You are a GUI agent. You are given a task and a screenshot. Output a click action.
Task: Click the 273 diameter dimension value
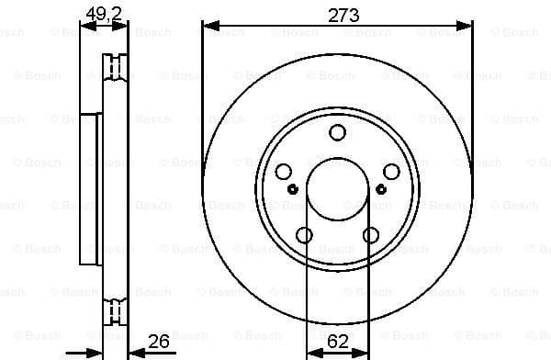(337, 16)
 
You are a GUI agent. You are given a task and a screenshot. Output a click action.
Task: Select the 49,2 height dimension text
(100, 13)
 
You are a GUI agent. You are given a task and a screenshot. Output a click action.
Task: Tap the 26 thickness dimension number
(159, 343)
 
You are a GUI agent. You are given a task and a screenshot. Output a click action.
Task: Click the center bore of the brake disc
(336, 188)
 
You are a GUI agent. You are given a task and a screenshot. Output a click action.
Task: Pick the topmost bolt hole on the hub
(336, 134)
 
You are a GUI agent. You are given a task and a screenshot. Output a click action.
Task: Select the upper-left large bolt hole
(284, 172)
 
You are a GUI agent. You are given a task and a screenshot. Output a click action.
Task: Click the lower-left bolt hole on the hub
(304, 234)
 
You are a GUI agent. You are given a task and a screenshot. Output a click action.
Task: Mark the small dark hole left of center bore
(293, 189)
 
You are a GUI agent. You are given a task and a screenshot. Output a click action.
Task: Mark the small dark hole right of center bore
(380, 189)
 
